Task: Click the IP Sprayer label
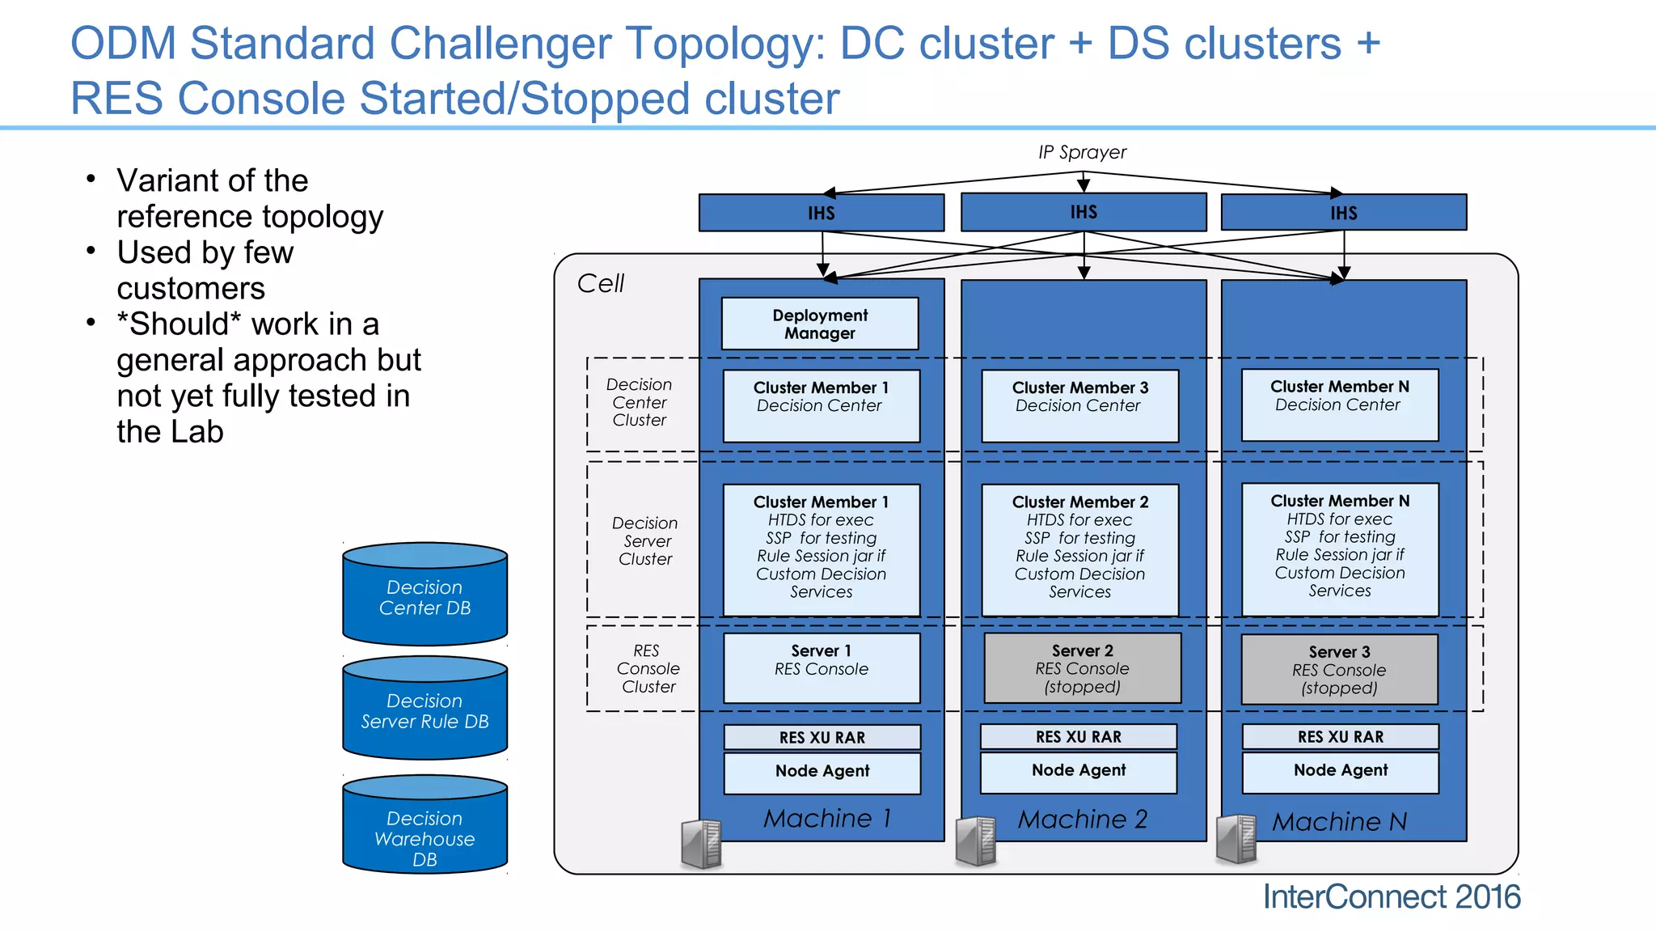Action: pyautogui.click(x=1082, y=152)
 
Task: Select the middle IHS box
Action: pyautogui.click(x=1084, y=212)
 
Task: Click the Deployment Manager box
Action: pyautogui.click(x=820, y=324)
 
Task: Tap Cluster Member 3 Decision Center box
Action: pyautogui.click(x=1079, y=405)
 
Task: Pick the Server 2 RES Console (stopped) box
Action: pyautogui.click(x=1082, y=668)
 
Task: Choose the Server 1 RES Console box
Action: pyautogui.click(x=822, y=667)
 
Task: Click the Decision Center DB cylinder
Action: pyautogui.click(x=425, y=597)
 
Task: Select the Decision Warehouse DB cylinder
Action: pyautogui.click(x=425, y=829)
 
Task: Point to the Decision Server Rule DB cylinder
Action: pyautogui.click(x=425, y=710)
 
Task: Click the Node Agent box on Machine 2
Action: pyautogui.click(x=1079, y=771)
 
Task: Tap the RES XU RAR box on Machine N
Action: pyautogui.click(x=1340, y=737)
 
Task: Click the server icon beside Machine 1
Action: pyautogui.click(x=702, y=844)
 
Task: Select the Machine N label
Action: pyautogui.click(x=1339, y=822)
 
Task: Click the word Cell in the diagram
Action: pyautogui.click(x=600, y=283)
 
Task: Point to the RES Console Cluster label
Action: pyautogui.click(x=647, y=668)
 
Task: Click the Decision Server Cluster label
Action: pyautogui.click(x=644, y=540)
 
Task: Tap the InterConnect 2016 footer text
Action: pyautogui.click(x=1391, y=897)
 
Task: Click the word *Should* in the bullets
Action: pyautogui.click(x=179, y=324)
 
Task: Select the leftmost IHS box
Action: pyautogui.click(x=821, y=213)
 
